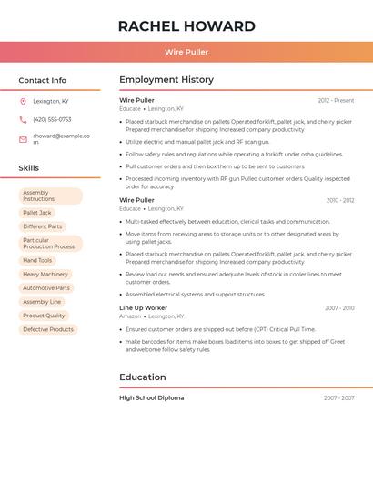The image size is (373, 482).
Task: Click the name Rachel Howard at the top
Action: [186, 26]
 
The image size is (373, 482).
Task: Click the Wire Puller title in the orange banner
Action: [186, 52]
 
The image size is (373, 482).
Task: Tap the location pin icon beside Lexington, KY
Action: [23, 101]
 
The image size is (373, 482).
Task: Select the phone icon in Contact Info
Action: [23, 119]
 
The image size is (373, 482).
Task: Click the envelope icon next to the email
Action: [23, 139]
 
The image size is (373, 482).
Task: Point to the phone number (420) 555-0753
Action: [52, 119]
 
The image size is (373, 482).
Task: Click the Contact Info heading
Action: [42, 80]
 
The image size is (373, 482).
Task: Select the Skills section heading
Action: [28, 168]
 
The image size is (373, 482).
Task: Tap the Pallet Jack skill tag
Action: [37, 213]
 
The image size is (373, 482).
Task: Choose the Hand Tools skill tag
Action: [37, 260]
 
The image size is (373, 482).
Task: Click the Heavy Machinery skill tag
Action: [45, 274]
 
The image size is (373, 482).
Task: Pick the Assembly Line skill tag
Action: [42, 302]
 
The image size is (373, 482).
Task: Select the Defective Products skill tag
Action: [48, 329]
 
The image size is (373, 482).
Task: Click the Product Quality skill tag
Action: [44, 316]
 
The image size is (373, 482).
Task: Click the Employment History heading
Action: [166, 80]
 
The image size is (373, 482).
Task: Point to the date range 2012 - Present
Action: [336, 100]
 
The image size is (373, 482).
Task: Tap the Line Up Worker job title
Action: [144, 307]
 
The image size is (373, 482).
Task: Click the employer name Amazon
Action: [130, 316]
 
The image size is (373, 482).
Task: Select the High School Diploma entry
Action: [152, 397]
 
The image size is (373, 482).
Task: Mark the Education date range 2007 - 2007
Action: [338, 398]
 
